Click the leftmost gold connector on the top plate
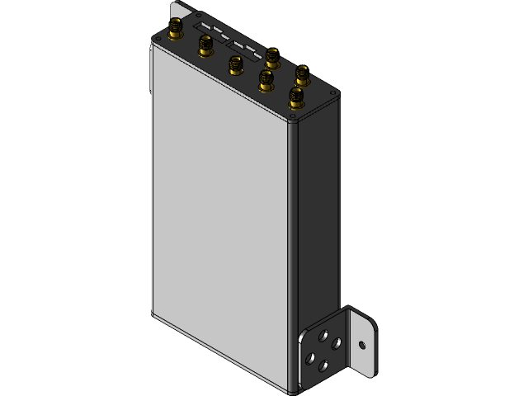(176, 31)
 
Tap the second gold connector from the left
(204, 49)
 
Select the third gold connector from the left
(233, 66)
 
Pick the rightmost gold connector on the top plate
(302, 76)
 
